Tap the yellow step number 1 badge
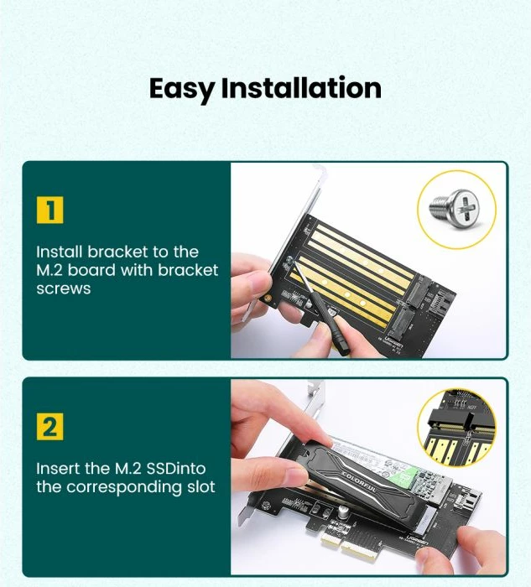(x=49, y=210)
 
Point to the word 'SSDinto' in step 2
(x=176, y=468)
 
